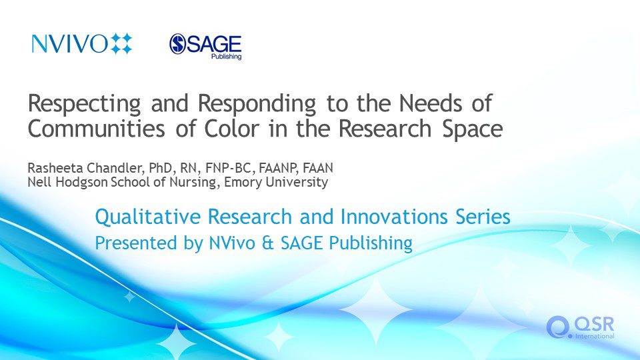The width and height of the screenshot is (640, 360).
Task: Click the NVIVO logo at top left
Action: coord(82,44)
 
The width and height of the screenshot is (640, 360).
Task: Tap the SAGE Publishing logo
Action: coord(205,47)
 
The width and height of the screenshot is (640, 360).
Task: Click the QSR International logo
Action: coord(581,327)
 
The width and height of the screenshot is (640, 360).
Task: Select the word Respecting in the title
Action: coord(85,104)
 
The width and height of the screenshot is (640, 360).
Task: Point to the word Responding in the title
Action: coord(257,104)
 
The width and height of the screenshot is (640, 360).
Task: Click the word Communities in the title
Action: coord(96,129)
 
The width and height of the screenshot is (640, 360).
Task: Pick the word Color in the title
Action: coord(231,129)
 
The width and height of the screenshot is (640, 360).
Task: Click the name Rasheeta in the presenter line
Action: coord(55,168)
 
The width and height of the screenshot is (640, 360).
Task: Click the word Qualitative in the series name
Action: coord(148,217)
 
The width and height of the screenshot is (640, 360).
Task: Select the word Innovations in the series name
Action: coord(394,217)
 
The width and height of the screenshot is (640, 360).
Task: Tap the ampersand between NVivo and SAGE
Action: coord(268,243)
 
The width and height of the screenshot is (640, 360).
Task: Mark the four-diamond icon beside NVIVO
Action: coord(121,44)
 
